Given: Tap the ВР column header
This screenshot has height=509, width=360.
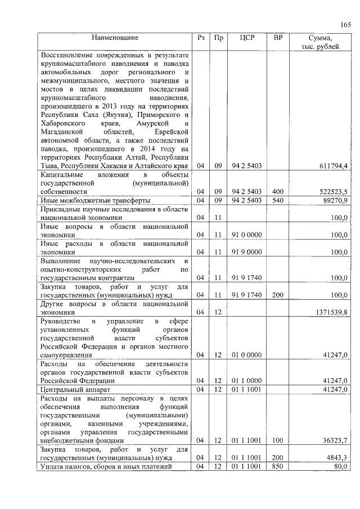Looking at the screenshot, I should [x=278, y=38].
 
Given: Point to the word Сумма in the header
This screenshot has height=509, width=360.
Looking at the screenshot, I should [x=321, y=38].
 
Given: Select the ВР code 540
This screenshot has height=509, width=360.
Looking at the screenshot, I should [x=278, y=200].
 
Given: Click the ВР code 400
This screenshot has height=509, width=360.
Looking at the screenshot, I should [x=278, y=192].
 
